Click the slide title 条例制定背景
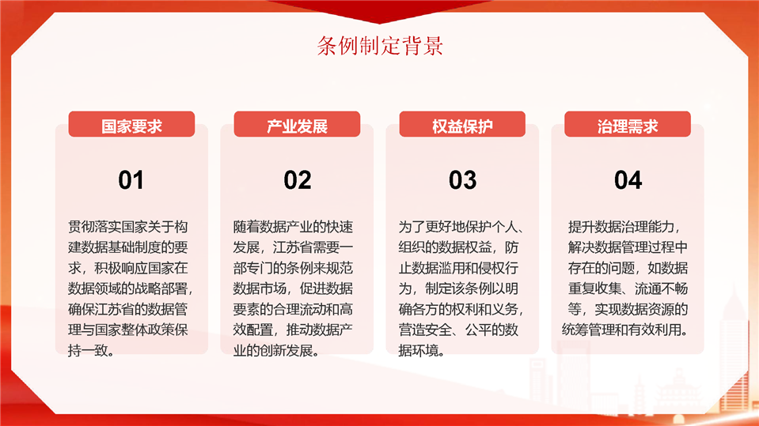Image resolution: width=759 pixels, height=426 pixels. coord(380,46)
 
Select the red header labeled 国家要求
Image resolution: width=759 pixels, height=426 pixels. coord(131,124)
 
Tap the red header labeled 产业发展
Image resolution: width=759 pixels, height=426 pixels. coord(297,124)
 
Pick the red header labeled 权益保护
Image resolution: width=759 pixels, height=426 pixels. coord(462,124)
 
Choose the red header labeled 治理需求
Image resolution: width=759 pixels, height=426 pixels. coord(628,124)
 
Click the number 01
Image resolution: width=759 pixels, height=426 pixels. coord(131,180)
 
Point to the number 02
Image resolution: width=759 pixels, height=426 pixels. coord(298,180)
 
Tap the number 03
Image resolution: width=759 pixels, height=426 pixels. coord(463,180)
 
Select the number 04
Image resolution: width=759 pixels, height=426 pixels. coord(628,180)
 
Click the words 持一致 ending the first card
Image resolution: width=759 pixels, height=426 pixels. coord(88,351)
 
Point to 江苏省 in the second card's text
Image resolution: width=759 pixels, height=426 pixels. coord(293,247)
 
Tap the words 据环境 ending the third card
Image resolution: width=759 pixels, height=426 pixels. coord(419,351)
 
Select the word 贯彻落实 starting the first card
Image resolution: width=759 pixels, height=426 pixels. coord(94,227)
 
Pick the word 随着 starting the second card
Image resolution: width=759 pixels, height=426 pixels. coord(246,227)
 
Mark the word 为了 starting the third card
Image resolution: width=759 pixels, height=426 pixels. coord(412,227)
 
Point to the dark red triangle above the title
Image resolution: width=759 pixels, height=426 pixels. coord(380,10)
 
